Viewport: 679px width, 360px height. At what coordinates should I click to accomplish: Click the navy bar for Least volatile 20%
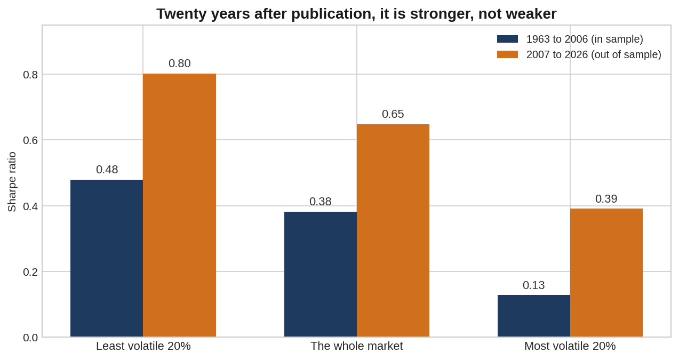(x=107, y=258)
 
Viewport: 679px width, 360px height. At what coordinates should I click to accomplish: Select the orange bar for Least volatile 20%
(x=179, y=205)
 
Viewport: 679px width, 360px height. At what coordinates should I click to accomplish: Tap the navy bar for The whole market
(x=321, y=274)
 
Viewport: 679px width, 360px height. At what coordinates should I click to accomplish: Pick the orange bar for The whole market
(x=393, y=230)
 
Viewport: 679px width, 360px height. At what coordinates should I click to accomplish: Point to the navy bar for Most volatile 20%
(x=534, y=316)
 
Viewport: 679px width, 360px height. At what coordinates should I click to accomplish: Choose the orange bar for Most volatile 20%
(x=606, y=273)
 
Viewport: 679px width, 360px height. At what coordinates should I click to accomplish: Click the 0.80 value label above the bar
(x=179, y=63)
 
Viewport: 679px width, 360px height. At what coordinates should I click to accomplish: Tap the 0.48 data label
(x=107, y=170)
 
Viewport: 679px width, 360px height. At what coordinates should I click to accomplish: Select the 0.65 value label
(x=393, y=114)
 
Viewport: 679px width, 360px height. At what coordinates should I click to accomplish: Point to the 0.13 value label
(x=534, y=285)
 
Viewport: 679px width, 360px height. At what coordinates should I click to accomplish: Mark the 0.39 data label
(x=606, y=199)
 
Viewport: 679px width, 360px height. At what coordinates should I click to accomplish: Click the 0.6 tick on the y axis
(x=30, y=140)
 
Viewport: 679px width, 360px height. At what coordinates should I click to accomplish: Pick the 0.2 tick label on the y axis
(x=30, y=272)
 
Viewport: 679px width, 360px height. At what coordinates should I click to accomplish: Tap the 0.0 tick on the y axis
(x=30, y=338)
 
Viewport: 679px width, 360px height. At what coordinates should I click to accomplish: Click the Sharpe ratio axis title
(x=12, y=181)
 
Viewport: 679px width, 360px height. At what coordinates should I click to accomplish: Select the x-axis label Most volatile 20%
(x=570, y=346)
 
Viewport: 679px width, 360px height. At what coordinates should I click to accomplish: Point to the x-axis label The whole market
(x=357, y=346)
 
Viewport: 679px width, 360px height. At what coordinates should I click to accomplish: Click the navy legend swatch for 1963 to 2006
(x=507, y=39)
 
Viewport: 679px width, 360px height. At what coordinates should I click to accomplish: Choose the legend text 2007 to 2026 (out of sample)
(x=594, y=54)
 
